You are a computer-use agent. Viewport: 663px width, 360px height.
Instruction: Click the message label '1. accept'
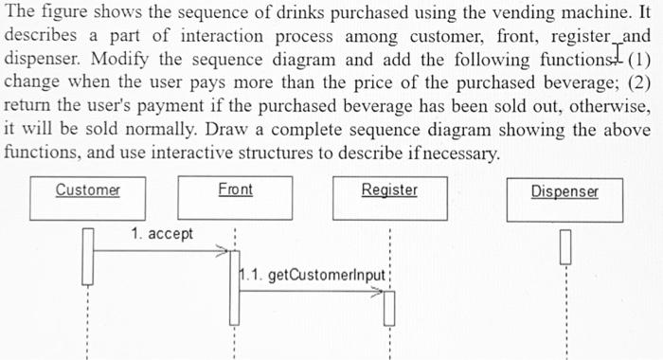point(162,233)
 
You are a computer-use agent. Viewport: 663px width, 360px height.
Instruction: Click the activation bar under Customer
point(87,256)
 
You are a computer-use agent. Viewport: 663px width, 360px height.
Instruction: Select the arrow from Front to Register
point(313,292)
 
